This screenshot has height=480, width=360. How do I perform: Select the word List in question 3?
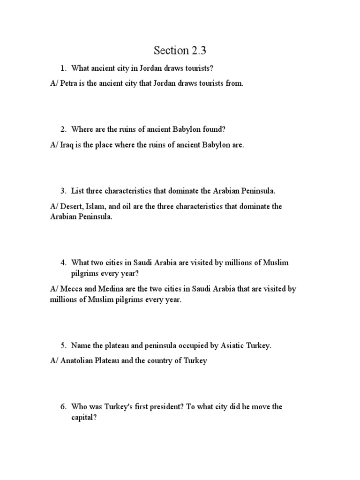78,191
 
